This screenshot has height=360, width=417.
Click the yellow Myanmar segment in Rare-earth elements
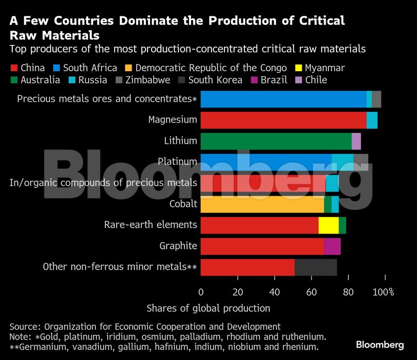pos(328,225)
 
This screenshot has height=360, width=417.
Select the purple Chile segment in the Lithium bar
pos(356,141)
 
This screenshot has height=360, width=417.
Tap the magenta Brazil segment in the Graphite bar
pos(332,246)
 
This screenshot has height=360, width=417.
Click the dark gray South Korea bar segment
pos(316,267)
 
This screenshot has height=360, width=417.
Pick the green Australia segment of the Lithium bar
pos(276,141)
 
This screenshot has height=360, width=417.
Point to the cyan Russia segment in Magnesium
pos(372,120)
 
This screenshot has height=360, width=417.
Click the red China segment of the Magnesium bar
pos(283,120)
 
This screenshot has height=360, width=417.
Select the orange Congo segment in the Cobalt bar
pos(262,204)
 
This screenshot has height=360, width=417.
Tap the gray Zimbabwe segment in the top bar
pos(377,99)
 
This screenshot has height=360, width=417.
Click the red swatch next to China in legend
pos(14,68)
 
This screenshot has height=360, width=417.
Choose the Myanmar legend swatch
pos(298,68)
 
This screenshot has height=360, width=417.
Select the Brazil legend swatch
pos(254,80)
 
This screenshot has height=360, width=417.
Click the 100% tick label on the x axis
pos(383,292)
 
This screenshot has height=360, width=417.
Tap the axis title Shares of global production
pos(208,308)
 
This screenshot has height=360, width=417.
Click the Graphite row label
pos(178,246)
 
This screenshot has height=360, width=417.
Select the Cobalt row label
pos(183,204)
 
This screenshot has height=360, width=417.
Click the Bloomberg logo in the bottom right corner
pos(380,345)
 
